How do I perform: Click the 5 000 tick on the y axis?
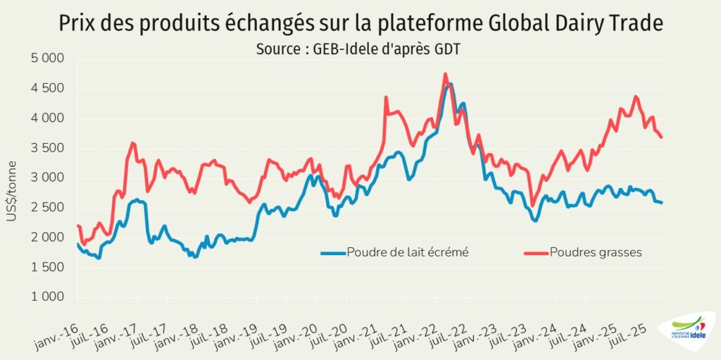[x=48, y=58]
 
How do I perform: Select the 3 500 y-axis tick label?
[x=48, y=148]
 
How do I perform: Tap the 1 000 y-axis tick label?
[x=48, y=297]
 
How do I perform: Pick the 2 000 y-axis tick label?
[x=48, y=237]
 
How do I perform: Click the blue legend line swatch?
[x=334, y=253]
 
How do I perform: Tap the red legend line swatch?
[x=537, y=253]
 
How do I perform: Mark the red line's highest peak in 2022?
[x=446, y=73]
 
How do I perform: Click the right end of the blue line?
[x=663, y=203]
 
